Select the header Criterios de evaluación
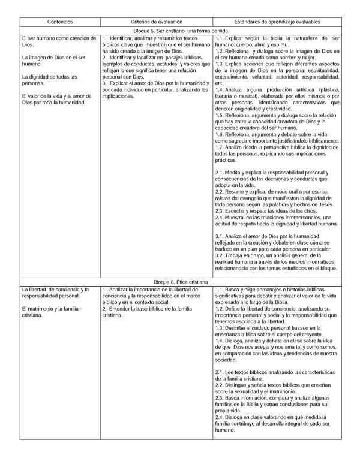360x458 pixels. click(x=157, y=21)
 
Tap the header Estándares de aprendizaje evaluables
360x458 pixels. click(x=277, y=21)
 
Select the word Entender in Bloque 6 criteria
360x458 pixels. click(x=119, y=309)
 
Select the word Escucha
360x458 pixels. click(x=236, y=211)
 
